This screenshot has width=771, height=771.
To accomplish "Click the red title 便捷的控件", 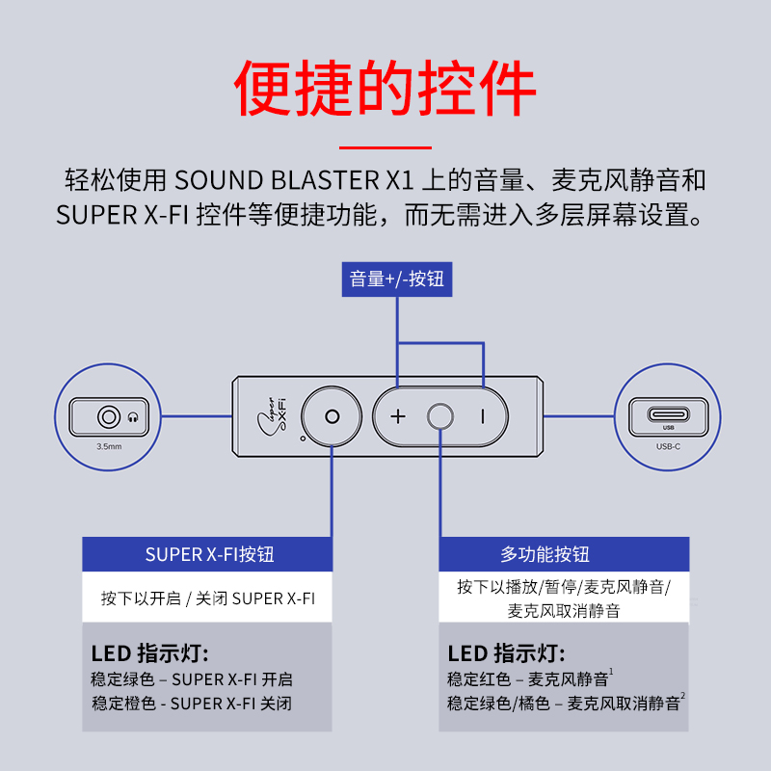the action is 385,88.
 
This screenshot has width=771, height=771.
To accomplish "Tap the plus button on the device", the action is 398,417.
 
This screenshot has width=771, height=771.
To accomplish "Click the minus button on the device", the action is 483,417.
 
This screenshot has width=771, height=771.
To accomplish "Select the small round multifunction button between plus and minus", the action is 440,417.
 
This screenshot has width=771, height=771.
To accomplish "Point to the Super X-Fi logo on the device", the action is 272,417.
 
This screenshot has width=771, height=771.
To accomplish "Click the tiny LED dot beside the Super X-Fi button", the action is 303,439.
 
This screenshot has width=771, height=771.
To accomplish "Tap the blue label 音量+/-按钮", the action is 397,279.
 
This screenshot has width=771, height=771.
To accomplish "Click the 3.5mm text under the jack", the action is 109,446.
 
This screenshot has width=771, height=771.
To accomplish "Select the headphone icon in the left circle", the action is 133,417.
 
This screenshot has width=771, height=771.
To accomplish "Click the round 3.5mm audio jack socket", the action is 109,417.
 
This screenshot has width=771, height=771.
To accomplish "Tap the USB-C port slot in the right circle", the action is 668,414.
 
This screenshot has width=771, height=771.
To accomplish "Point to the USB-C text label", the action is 668,446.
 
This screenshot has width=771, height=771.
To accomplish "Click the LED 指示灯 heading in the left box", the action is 150,654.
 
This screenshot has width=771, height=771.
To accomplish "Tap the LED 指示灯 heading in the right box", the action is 507,654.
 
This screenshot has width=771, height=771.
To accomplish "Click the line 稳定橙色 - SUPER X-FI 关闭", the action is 192,704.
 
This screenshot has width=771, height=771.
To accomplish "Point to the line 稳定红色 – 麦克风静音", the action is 530,678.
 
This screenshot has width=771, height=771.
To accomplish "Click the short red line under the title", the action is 385,147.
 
